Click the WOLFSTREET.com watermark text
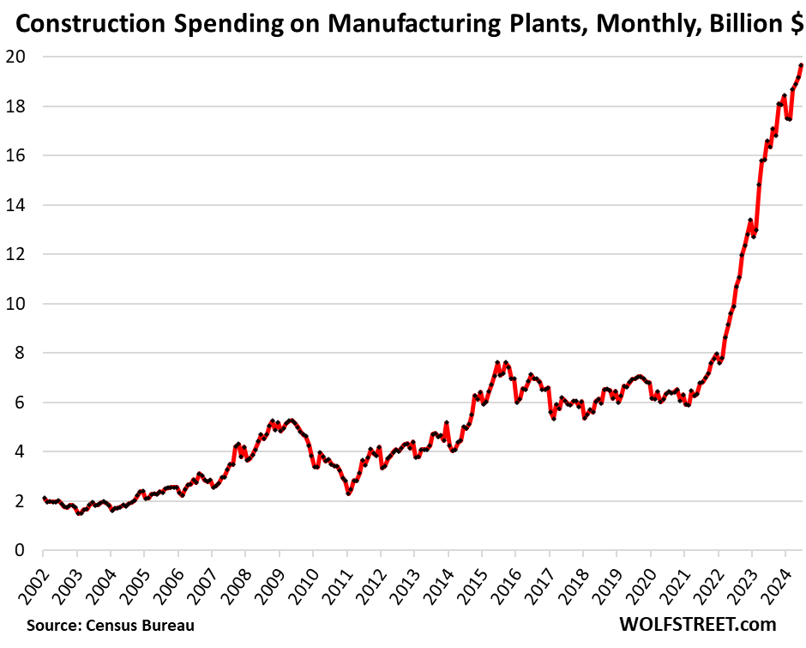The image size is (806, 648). [x=700, y=624]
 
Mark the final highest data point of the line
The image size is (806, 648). [x=801, y=65]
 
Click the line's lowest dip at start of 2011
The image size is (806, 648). [x=348, y=494]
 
